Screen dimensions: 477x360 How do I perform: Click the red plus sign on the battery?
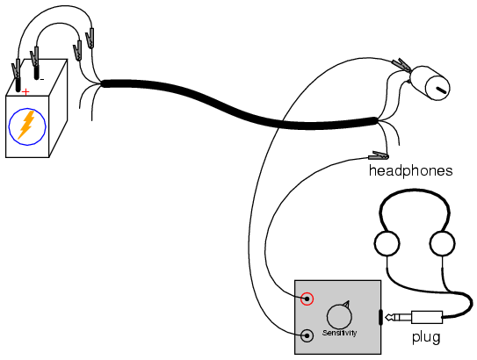tap(26, 91)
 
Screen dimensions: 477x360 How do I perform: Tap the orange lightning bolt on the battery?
tap(26, 125)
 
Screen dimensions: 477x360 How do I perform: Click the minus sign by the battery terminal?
tap(42, 80)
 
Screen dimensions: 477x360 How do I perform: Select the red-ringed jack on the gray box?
tap(307, 299)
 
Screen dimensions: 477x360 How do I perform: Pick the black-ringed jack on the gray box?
tap(307, 335)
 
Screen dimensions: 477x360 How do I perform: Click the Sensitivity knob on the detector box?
tap(339, 315)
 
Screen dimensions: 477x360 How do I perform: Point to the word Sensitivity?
tap(339, 333)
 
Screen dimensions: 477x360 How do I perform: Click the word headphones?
tap(411, 170)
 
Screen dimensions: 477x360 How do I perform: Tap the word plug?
tap(426, 337)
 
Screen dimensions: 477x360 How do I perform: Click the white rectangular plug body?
tap(427, 317)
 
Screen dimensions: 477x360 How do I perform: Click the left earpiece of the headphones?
tap(387, 243)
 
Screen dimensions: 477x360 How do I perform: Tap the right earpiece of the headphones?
tap(442, 243)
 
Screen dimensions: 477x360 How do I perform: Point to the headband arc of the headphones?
tap(415, 191)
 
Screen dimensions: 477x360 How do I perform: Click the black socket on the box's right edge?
tap(380, 317)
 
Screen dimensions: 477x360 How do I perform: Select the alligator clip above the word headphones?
tap(378, 155)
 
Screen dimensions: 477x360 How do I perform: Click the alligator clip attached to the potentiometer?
tap(401, 65)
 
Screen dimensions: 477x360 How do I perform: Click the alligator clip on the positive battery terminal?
tap(16, 68)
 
